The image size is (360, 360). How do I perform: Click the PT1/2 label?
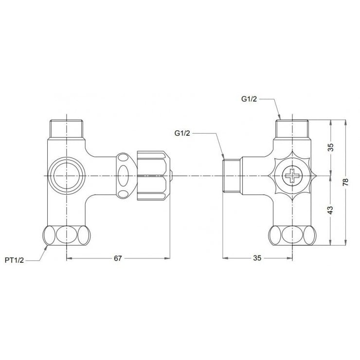[15, 260]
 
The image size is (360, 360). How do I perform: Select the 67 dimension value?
[118, 258]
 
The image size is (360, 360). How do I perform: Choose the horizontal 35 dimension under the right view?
[257, 258]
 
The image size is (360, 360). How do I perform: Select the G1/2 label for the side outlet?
[183, 132]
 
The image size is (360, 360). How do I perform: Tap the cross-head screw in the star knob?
[293, 175]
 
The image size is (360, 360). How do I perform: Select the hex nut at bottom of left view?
[66, 235]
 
